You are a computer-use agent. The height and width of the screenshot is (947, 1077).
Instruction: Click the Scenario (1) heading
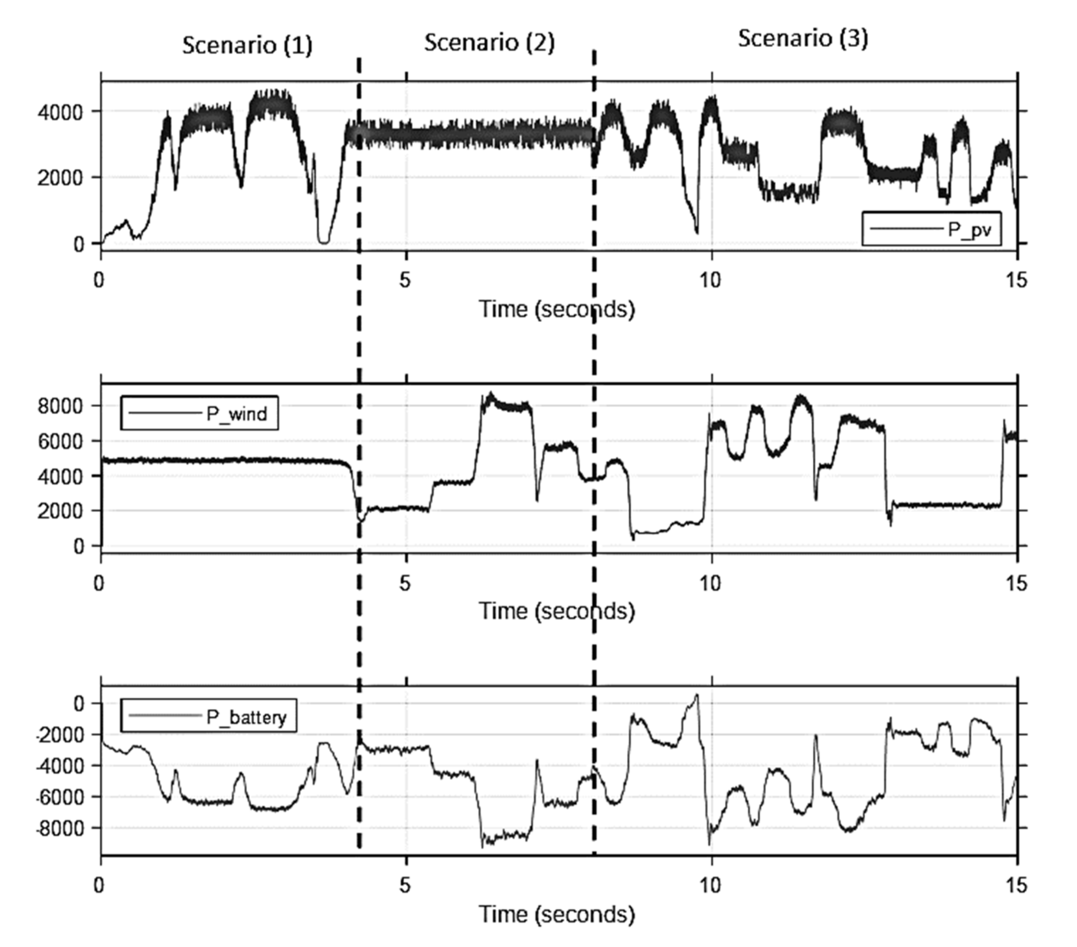[x=247, y=45]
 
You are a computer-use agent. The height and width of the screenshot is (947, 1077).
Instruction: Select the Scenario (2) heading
[x=490, y=42]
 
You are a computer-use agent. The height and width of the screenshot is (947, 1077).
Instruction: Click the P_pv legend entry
[x=931, y=229]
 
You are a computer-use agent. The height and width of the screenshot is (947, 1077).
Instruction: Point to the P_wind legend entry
[x=199, y=413]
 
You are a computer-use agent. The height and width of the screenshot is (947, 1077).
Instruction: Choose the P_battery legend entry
[x=209, y=716]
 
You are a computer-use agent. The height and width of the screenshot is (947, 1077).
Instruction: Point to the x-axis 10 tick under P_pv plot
[x=710, y=280]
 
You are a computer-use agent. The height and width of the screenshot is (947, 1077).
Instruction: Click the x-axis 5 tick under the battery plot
[x=405, y=886]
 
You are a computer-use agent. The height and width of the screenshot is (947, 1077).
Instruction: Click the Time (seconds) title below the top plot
[x=556, y=309]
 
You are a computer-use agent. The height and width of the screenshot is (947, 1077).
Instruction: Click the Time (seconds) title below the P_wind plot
[x=556, y=611]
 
